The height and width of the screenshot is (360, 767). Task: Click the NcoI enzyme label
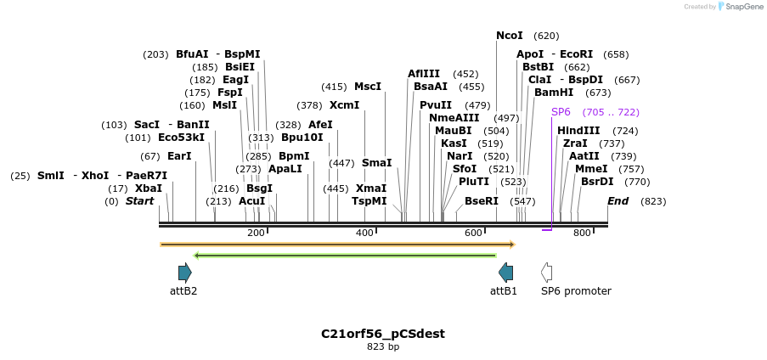(510, 36)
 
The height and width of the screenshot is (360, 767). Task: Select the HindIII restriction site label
(578, 131)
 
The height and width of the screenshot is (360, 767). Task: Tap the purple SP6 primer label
(561, 112)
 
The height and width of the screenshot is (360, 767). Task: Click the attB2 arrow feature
(184, 273)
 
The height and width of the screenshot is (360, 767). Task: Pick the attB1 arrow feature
(505, 273)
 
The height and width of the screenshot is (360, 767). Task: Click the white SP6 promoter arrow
(547, 273)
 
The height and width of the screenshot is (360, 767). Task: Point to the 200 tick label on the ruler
(256, 233)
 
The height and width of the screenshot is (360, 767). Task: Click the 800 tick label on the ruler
(582, 233)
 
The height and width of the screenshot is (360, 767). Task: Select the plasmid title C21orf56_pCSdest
(383, 334)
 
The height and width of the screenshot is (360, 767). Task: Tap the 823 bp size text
(383, 346)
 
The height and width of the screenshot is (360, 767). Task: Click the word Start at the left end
(140, 201)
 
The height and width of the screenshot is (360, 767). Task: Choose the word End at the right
(618, 201)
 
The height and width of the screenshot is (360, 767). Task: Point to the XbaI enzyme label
(149, 188)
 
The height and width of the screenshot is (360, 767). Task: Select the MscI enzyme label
(368, 87)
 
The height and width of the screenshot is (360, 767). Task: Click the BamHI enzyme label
(554, 93)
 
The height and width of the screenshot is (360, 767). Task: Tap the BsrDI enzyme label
(597, 182)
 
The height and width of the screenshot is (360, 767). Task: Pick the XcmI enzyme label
(345, 105)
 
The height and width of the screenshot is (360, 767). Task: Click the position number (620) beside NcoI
(546, 36)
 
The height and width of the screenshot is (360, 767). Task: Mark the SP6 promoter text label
(576, 291)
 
